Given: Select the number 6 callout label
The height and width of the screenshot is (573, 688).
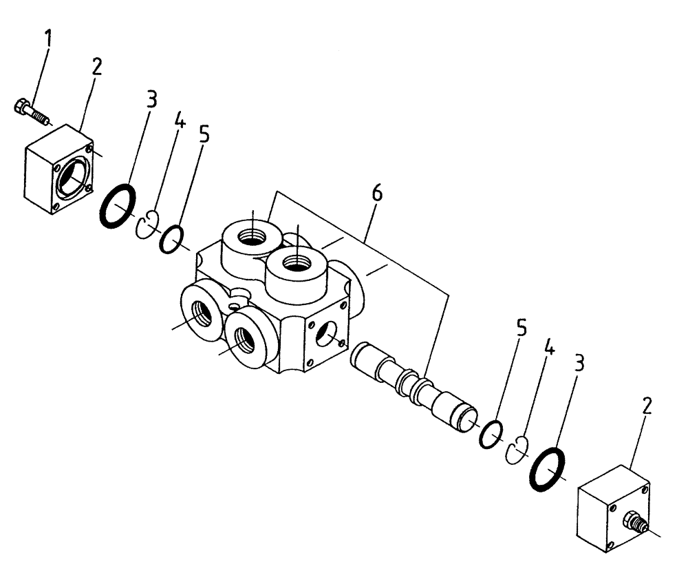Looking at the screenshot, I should click(377, 194).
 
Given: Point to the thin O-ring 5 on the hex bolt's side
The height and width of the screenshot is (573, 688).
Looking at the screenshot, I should click(171, 238).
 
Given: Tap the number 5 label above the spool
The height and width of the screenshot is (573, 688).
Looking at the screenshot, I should click(522, 328).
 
